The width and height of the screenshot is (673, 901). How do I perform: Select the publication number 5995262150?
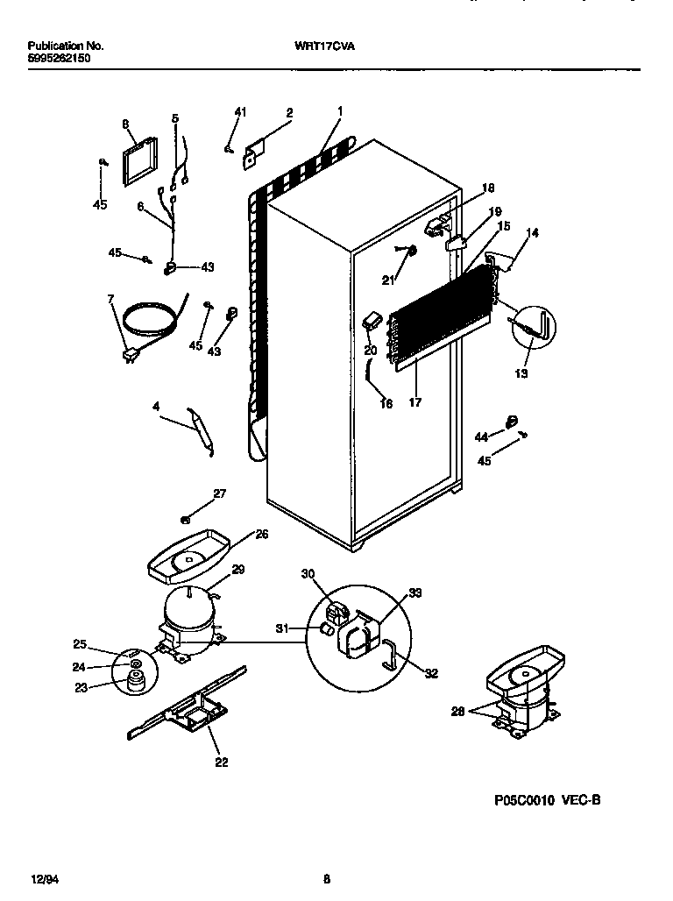click(x=58, y=58)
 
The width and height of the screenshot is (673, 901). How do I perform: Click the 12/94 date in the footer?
click(x=42, y=878)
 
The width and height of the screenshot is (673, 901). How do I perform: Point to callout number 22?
click(x=221, y=763)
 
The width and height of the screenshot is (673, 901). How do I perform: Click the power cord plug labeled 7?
click(x=131, y=355)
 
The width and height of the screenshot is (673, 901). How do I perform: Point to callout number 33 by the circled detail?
click(x=414, y=593)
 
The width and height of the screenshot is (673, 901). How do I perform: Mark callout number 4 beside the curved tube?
click(x=156, y=406)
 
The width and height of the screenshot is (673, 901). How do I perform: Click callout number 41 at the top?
click(x=240, y=111)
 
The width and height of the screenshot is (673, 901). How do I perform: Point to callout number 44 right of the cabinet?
click(x=481, y=436)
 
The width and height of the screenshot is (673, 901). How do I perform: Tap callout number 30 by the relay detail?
click(x=307, y=575)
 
